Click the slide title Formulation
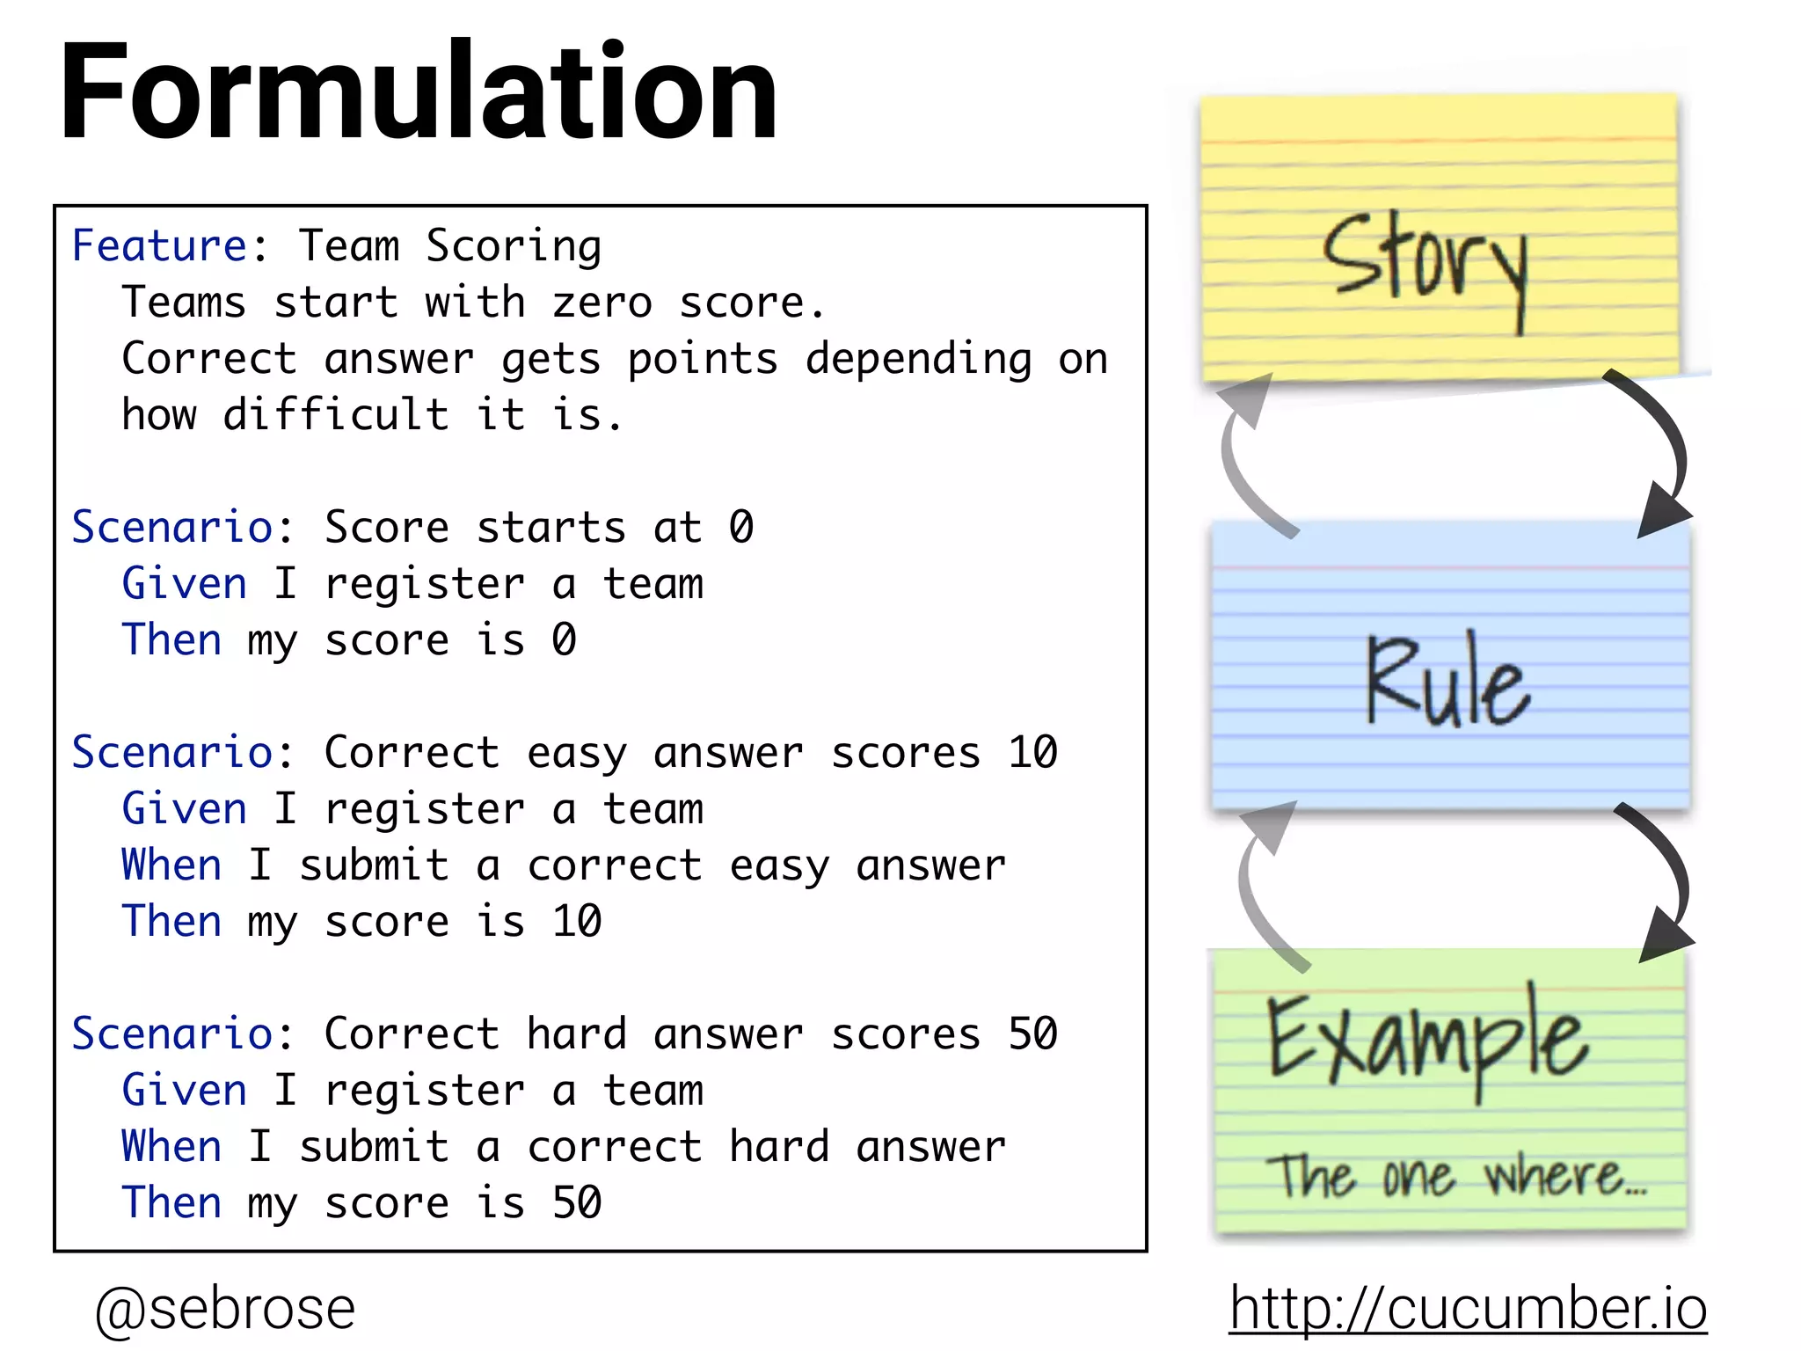pyautogui.click(x=419, y=91)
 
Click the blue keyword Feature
pyautogui.click(x=159, y=245)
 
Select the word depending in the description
pyautogui.click(x=918, y=359)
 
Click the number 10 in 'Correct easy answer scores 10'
pyautogui.click(x=1032, y=753)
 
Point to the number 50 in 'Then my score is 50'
pyautogui.click(x=577, y=1202)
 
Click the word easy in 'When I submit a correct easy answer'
pyautogui.click(x=779, y=866)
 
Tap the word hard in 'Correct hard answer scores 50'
pyautogui.click(x=577, y=1033)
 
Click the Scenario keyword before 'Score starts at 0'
pyautogui.click(x=172, y=527)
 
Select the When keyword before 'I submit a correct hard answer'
pyautogui.click(x=172, y=1147)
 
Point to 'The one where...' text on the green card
pyautogui.click(x=1456, y=1177)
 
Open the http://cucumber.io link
pyautogui.click(x=1468, y=1308)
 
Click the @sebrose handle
pyautogui.click(x=225, y=1308)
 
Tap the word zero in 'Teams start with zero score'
pyautogui.click(x=602, y=303)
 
